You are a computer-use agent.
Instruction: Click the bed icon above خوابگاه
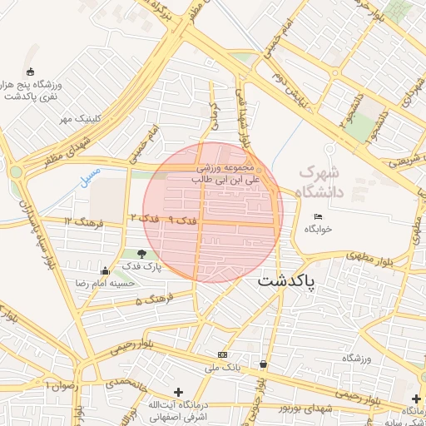pos(318,217)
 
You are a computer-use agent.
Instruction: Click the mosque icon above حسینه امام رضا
pos(105,271)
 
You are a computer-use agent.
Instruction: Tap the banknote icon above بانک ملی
pos(222,354)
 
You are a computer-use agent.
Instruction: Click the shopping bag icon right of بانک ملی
pos(264,364)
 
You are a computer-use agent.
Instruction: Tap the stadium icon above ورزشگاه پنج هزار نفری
pos(31,71)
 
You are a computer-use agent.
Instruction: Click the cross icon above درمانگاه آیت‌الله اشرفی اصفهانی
pos(177,392)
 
